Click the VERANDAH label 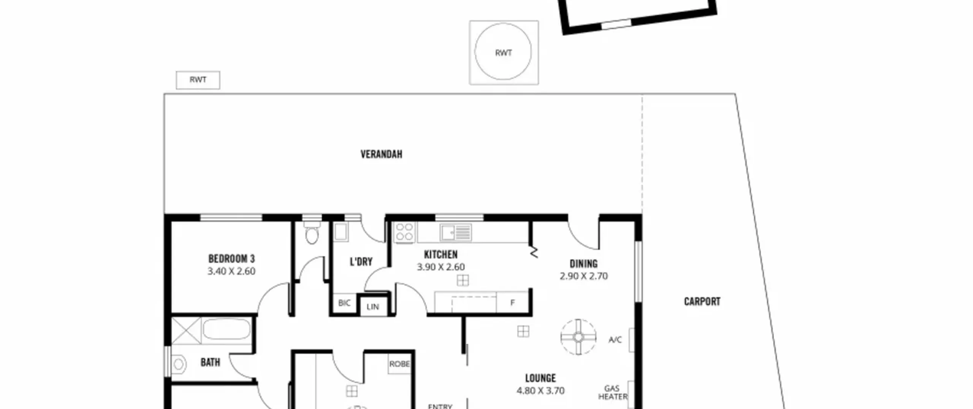(381, 154)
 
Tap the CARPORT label (702, 302)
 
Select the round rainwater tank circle (503, 51)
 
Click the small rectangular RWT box (198, 80)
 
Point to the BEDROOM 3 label (231, 259)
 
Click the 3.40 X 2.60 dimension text (231, 271)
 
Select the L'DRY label (361, 262)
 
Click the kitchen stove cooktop (404, 232)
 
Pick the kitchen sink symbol (456, 232)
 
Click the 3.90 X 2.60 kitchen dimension (441, 267)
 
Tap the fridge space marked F (512, 302)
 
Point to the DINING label (583, 264)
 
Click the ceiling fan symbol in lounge (578, 337)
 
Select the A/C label (615, 340)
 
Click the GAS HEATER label (613, 393)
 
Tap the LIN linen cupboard (373, 307)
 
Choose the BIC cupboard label (344, 303)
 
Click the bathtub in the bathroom (227, 329)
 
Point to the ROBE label (399, 364)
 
